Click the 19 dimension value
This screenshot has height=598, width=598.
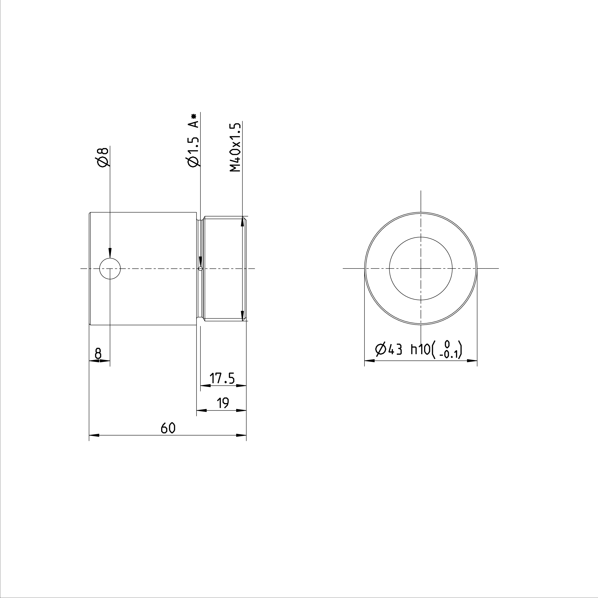pos(223,403)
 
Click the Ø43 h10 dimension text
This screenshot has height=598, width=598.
pos(402,350)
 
